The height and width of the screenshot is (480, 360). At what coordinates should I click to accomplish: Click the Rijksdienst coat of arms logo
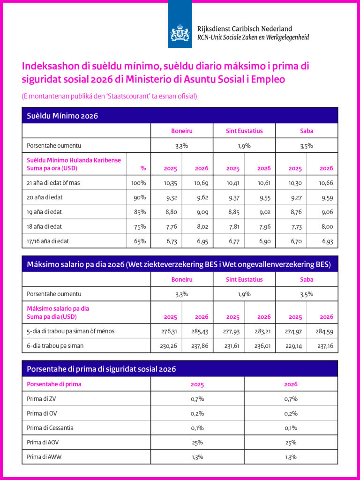pos(180,33)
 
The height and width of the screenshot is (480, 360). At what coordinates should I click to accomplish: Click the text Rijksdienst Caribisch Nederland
pos(245,29)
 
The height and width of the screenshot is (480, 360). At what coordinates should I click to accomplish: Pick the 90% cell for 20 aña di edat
pos(139,197)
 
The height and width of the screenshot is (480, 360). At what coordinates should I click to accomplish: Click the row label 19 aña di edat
pos(45,212)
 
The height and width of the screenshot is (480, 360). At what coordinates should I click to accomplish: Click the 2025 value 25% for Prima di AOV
pos(197,442)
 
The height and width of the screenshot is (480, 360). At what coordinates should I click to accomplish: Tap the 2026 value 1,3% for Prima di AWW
pos(291,457)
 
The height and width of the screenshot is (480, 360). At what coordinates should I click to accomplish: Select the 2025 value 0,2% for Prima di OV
pos(197,413)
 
